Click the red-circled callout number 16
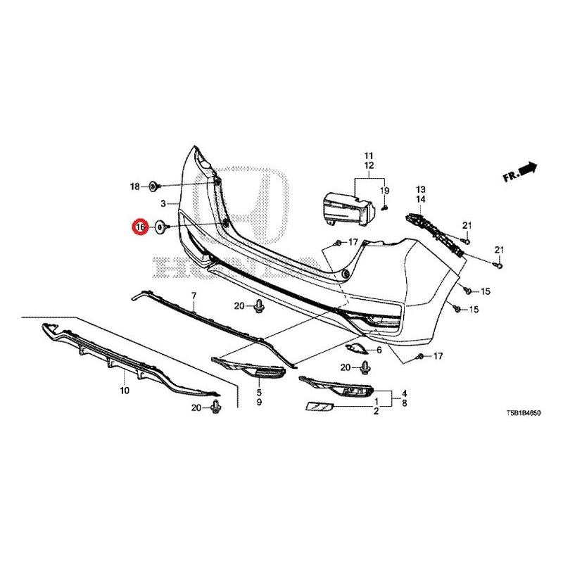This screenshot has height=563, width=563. pyautogui.click(x=140, y=227)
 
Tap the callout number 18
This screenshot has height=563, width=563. pyautogui.click(x=134, y=186)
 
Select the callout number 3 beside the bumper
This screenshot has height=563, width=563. pyautogui.click(x=163, y=204)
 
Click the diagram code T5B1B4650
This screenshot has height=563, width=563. pyautogui.click(x=523, y=413)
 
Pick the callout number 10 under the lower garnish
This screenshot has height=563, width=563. pyautogui.click(x=125, y=391)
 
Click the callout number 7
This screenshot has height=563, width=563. pyautogui.click(x=194, y=296)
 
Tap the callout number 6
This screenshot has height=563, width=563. pyautogui.click(x=379, y=350)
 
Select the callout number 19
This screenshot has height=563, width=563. pyautogui.click(x=384, y=191)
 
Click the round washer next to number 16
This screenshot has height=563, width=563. pyautogui.click(x=160, y=227)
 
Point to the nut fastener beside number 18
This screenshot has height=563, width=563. pyautogui.click(x=153, y=186)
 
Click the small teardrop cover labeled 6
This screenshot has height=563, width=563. pyautogui.click(x=355, y=349)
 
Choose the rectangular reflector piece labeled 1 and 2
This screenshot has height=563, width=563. pyautogui.click(x=320, y=407)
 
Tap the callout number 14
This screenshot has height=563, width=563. pyautogui.click(x=420, y=199)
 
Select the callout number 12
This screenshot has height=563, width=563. pyautogui.click(x=369, y=165)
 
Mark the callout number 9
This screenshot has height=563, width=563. pyautogui.click(x=259, y=402)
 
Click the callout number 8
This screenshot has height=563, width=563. pyautogui.click(x=405, y=403)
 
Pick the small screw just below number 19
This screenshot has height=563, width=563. pyautogui.click(x=384, y=207)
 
